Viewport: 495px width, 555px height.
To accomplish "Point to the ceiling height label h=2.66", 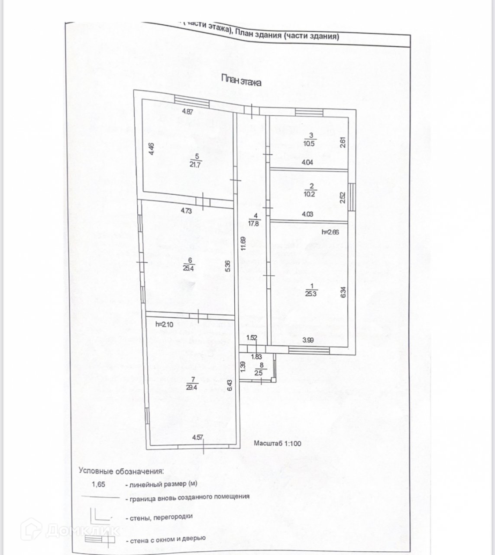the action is point(330,232).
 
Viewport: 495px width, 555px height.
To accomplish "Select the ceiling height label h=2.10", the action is point(165,324).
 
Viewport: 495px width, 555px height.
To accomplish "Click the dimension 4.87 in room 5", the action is point(187,111).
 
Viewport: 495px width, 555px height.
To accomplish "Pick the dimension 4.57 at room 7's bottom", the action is point(197,437).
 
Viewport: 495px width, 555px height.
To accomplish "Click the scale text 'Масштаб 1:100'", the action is point(277,443).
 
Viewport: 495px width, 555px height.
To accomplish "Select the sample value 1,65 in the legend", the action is point(98,483).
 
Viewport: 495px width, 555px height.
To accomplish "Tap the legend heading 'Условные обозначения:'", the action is point(121,470).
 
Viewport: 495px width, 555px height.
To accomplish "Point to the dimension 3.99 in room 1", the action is point(308,340).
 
